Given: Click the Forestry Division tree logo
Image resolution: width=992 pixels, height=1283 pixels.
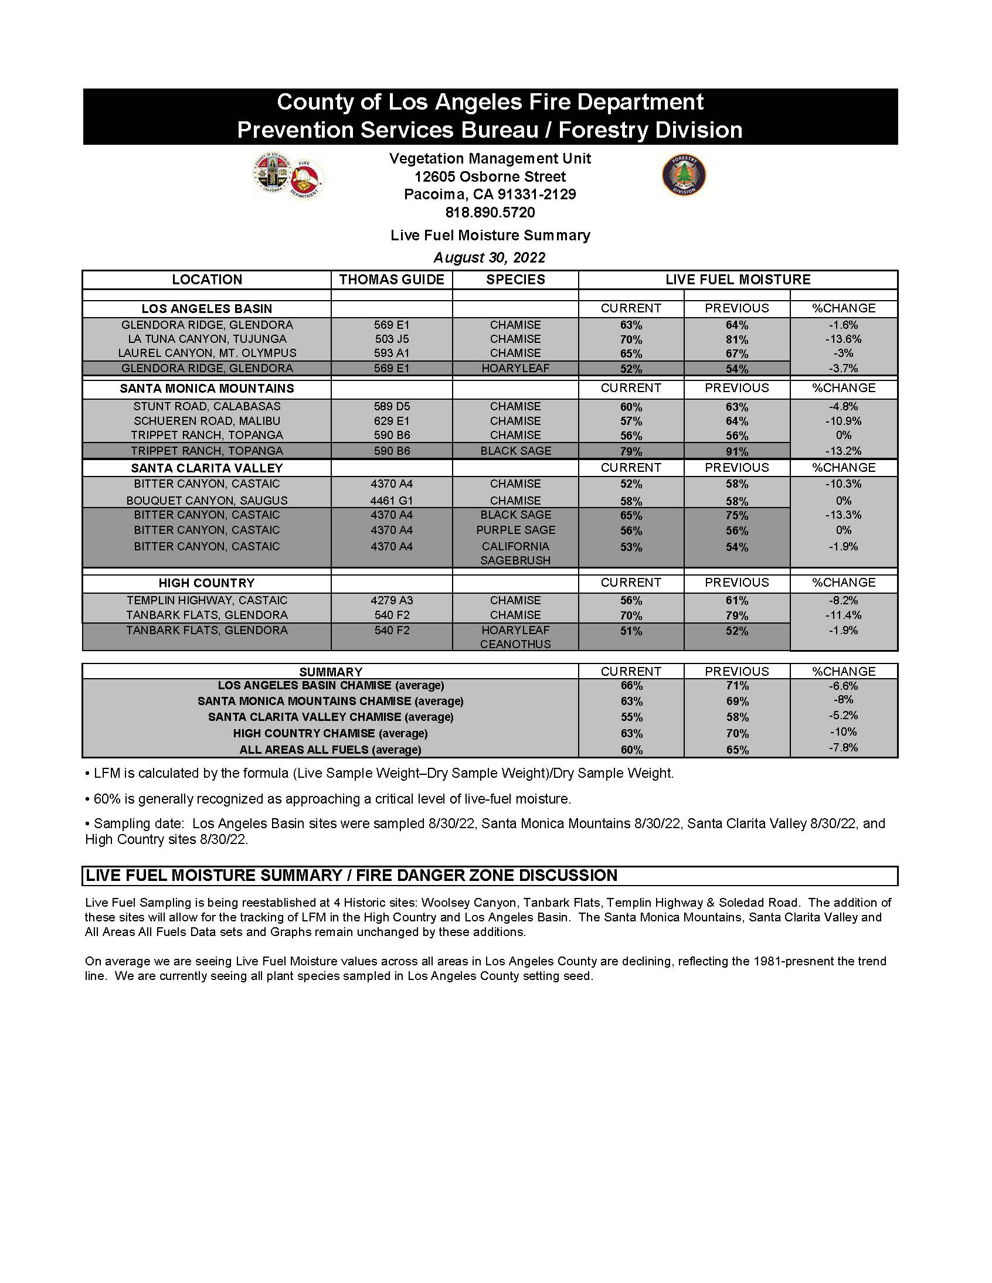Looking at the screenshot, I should point(684,175).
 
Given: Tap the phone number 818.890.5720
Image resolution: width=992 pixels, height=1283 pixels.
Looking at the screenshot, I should point(490,212).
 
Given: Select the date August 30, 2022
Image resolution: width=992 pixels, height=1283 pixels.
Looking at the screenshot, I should point(490,257).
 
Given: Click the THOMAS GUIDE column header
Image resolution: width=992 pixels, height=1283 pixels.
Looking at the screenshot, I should point(392,280).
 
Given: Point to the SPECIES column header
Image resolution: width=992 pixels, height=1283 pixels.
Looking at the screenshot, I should point(515,280).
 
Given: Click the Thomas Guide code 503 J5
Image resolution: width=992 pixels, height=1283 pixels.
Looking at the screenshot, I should point(392,339).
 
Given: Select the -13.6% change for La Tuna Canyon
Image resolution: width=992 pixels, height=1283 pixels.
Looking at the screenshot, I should point(842,339).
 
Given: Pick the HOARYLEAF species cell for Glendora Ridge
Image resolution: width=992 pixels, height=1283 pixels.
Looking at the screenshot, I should point(515,368).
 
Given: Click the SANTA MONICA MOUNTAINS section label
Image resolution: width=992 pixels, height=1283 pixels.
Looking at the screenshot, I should point(207,389).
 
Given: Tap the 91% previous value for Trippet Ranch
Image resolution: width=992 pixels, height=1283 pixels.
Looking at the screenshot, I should point(736,451).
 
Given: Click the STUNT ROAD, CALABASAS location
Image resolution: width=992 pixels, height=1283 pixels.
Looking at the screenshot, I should point(207,407).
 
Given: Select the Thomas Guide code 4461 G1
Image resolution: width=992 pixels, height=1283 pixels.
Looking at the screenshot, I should point(392,501).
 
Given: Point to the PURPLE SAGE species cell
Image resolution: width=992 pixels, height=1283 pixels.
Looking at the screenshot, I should point(515,530).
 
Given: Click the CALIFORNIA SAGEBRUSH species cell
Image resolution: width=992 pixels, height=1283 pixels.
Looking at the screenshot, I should point(515,553).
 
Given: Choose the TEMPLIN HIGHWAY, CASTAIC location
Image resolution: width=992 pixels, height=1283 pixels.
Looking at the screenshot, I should point(207,600).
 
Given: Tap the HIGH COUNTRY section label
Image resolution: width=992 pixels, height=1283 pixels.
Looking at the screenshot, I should point(207,583).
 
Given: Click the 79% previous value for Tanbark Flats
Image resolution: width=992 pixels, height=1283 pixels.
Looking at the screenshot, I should point(736,615).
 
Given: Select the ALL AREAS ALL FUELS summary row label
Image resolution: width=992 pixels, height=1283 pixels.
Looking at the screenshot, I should point(330,750).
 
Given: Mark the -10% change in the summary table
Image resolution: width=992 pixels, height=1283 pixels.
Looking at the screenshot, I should point(842,732).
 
